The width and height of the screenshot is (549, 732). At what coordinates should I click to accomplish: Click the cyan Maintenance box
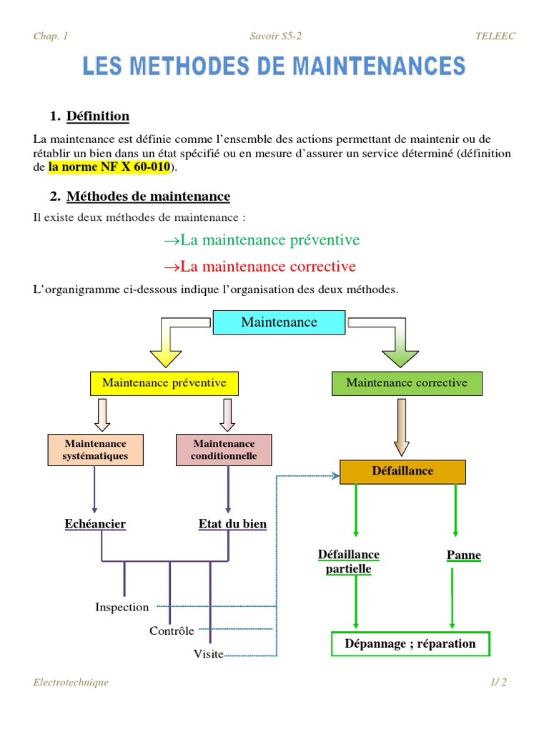click(x=279, y=322)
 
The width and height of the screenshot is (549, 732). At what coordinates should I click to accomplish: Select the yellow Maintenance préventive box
click(x=164, y=383)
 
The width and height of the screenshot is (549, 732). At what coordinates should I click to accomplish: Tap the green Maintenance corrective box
click(x=407, y=383)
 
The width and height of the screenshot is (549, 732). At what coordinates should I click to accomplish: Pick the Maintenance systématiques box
click(x=96, y=450)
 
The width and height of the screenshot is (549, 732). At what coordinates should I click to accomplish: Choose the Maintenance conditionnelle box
click(x=224, y=450)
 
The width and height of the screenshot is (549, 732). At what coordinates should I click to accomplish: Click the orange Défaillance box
click(x=402, y=472)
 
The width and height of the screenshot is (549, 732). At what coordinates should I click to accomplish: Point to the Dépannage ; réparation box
click(x=410, y=643)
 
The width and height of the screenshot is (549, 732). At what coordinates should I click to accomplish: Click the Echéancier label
click(x=95, y=524)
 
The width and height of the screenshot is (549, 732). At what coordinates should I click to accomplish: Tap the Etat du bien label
click(x=232, y=524)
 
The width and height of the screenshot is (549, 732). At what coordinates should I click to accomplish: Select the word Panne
click(x=463, y=555)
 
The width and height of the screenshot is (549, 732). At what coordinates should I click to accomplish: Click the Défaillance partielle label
click(x=349, y=562)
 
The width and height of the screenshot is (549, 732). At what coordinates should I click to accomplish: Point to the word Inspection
click(x=122, y=608)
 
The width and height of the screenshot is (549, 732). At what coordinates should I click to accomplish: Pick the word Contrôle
click(x=172, y=630)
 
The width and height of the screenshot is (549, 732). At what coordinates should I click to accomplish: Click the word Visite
click(x=209, y=653)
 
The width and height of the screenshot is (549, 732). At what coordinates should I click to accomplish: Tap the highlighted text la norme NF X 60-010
click(x=109, y=167)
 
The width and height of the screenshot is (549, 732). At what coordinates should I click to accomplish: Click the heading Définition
click(x=98, y=116)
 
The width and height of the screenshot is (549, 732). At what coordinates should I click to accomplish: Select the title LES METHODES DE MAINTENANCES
click(x=274, y=67)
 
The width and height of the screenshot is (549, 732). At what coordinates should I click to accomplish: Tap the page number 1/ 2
click(x=498, y=682)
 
